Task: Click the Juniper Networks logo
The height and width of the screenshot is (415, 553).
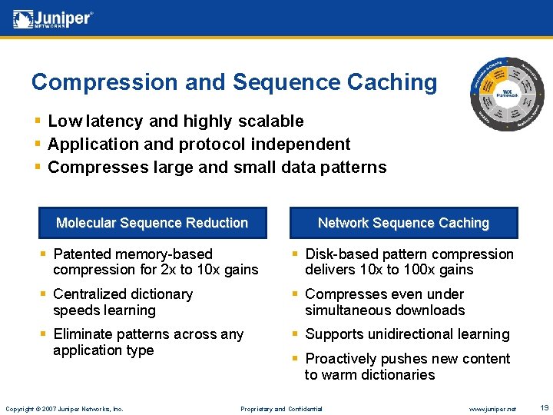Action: pos(52,18)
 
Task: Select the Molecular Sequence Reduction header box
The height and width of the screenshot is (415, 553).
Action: pos(152,223)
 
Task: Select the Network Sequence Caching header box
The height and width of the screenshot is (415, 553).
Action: pos(403,223)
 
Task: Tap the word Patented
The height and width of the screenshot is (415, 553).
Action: pos(83,254)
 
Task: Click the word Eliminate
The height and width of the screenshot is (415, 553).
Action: pos(82,334)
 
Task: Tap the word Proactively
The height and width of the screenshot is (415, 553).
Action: pos(344,359)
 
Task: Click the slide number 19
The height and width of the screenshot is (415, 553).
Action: pos(543,407)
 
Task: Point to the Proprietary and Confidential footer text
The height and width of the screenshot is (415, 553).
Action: pos(281,408)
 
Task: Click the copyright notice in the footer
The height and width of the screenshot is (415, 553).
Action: pos(64,408)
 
